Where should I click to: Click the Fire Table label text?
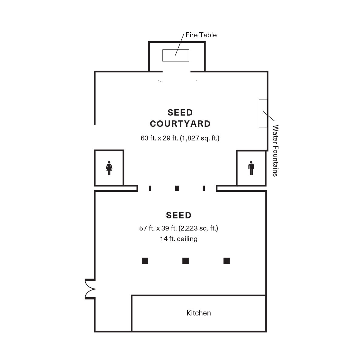tap(201, 35)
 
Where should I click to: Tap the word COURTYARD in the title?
tap(180, 124)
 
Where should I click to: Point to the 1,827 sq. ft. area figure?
tap(199, 138)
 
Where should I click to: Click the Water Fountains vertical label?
tap(275, 150)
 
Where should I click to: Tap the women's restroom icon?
tap(109, 168)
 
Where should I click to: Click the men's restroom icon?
tap(251, 168)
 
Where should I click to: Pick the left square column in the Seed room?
tap(145, 261)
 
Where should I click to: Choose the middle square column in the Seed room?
tap(185, 261)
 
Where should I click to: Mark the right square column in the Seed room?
tap(227, 261)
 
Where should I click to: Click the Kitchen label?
tap(199, 313)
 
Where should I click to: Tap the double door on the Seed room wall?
tap(90, 289)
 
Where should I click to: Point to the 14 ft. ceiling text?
tap(179, 239)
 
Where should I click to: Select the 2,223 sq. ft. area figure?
tap(198, 228)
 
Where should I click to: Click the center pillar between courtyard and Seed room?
tap(177, 188)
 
